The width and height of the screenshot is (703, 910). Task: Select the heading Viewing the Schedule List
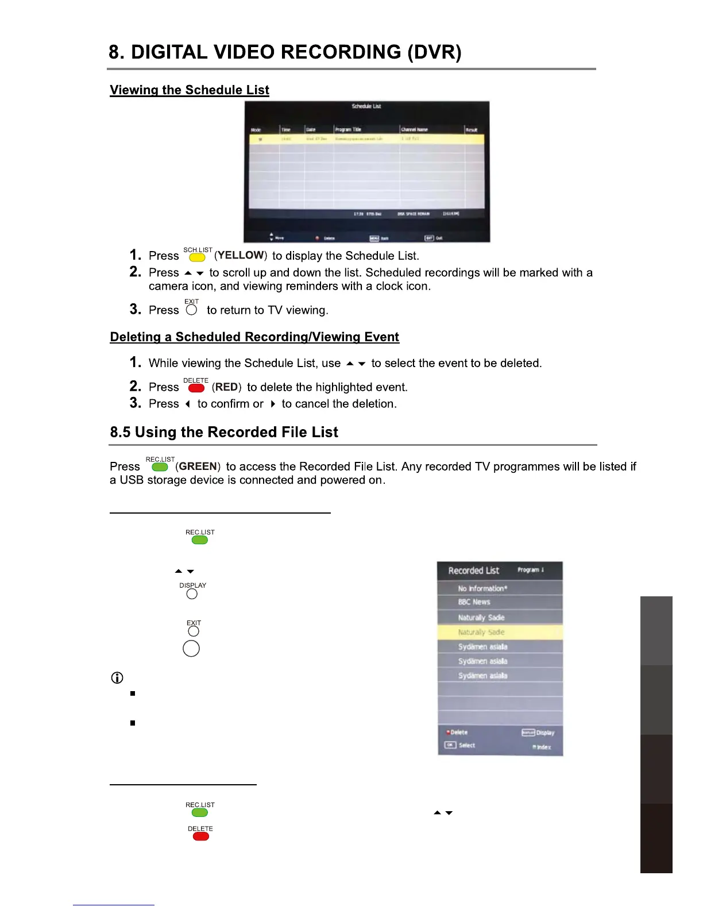pos(190,90)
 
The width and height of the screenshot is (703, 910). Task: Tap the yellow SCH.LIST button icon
pos(197,257)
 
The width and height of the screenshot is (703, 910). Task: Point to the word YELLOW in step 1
pos(241,255)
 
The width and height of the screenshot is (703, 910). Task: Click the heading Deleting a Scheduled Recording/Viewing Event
pos(254,337)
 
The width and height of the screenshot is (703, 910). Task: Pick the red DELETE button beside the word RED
pos(196,388)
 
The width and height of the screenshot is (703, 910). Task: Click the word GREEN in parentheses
pos(198,466)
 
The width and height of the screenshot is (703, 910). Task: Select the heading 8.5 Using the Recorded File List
pos(224,432)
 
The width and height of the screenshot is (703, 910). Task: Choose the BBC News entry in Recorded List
pos(474,602)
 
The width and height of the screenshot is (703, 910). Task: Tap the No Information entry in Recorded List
pos(482,588)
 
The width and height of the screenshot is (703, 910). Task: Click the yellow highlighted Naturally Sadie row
pos(500,632)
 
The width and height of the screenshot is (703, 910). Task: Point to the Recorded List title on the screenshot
pos(474,570)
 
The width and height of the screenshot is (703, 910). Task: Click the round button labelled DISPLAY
pos(192,593)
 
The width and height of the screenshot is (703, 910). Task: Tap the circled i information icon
pos(117,678)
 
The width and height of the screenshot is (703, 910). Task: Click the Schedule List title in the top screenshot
pos(366,106)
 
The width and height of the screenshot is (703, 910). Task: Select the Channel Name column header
pos(414,130)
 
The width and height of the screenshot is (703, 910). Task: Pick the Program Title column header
pos(349,130)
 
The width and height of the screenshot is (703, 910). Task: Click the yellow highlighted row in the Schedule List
pos(366,139)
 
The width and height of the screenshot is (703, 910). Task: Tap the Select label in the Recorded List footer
pos(466,745)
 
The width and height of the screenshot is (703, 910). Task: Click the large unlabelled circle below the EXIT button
pos(191,649)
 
